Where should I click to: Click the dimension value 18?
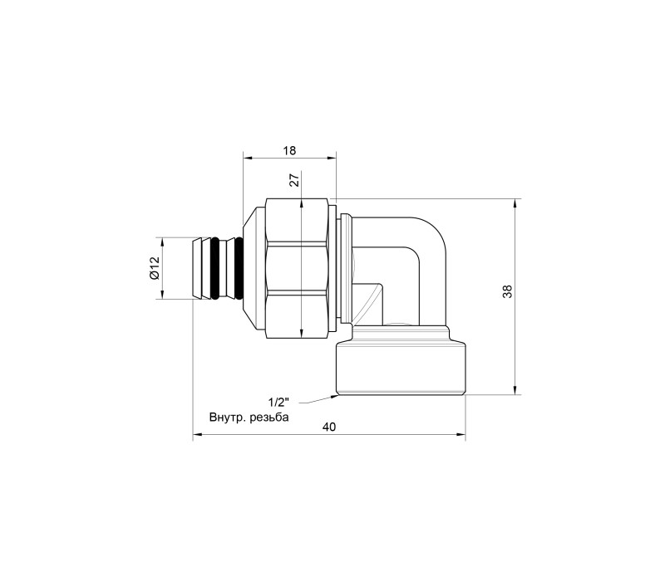(x=289, y=150)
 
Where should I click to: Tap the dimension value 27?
(x=295, y=178)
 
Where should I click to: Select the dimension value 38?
(x=507, y=291)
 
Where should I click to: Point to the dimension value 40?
(x=328, y=427)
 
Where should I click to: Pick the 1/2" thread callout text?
(x=278, y=401)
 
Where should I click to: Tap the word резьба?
(x=269, y=417)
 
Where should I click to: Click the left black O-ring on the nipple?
(x=215, y=268)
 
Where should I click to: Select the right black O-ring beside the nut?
(x=239, y=268)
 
